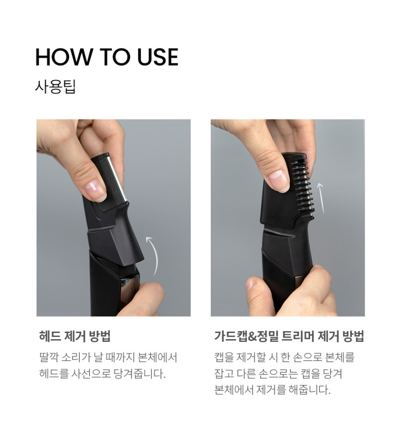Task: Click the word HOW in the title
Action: coord(64,57)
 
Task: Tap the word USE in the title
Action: coord(158,57)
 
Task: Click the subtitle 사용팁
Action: coord(55,87)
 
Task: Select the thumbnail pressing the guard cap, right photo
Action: coord(278,180)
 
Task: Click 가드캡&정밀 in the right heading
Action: coord(247,336)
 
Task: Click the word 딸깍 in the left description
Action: coord(49,357)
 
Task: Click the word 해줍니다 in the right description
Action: coord(309,390)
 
